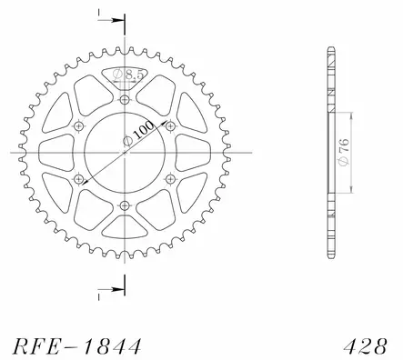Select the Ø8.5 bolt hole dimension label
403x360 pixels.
(128, 75)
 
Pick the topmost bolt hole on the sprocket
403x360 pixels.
(124, 97)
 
